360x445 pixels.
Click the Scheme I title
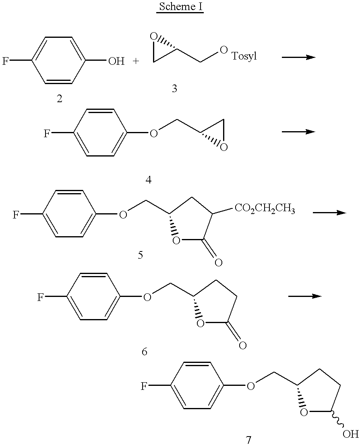tap(180, 7)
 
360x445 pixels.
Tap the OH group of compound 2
tap(116, 62)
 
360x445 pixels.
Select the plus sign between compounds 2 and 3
tap(136, 62)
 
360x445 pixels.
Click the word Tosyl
tap(244, 56)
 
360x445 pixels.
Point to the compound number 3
tap(174, 89)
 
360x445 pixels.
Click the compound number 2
tap(60, 99)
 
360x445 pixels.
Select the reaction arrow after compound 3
tap(298, 57)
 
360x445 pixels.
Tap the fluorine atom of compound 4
tap(48, 134)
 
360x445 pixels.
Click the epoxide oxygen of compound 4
tap(224, 147)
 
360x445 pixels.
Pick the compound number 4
tap(149, 179)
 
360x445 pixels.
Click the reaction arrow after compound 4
tap(298, 132)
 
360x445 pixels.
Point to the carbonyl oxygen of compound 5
tap(218, 263)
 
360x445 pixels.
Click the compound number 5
tap(140, 255)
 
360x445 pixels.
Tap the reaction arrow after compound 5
tap(329, 212)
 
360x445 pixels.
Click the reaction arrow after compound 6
tap(305, 296)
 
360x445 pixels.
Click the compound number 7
tap(248, 440)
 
